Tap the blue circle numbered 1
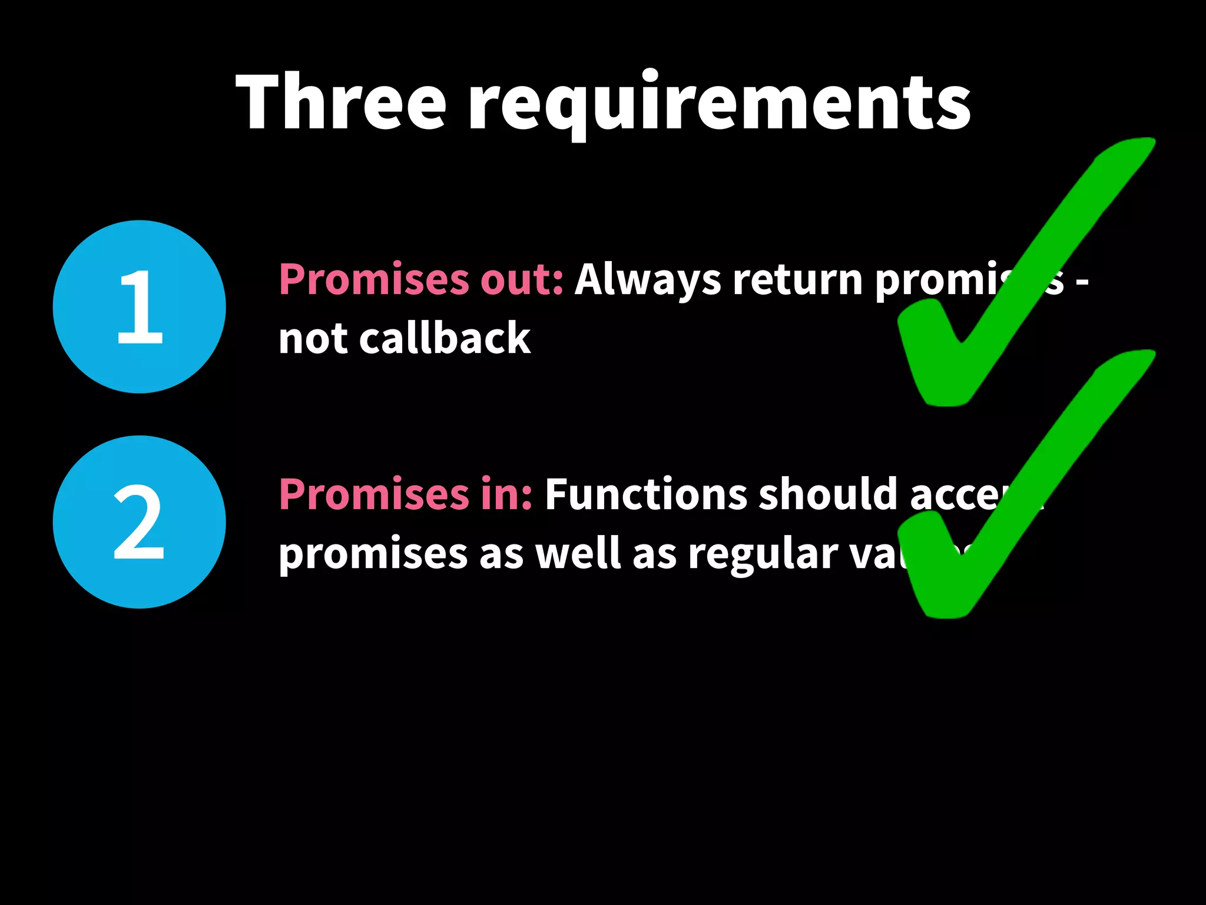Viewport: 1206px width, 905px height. click(x=140, y=306)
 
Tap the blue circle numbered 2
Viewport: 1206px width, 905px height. click(x=140, y=522)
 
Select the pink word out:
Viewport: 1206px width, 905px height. click(x=522, y=279)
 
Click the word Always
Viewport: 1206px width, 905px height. click(x=647, y=280)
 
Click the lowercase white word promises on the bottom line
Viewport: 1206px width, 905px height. click(x=372, y=555)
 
